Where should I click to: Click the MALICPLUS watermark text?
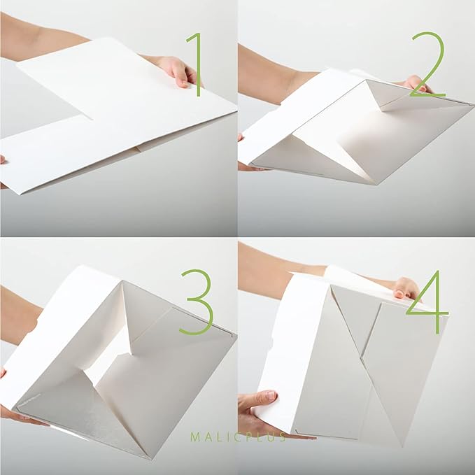click(237, 437)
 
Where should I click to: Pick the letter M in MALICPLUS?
click(194, 437)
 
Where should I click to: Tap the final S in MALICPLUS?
click(282, 437)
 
